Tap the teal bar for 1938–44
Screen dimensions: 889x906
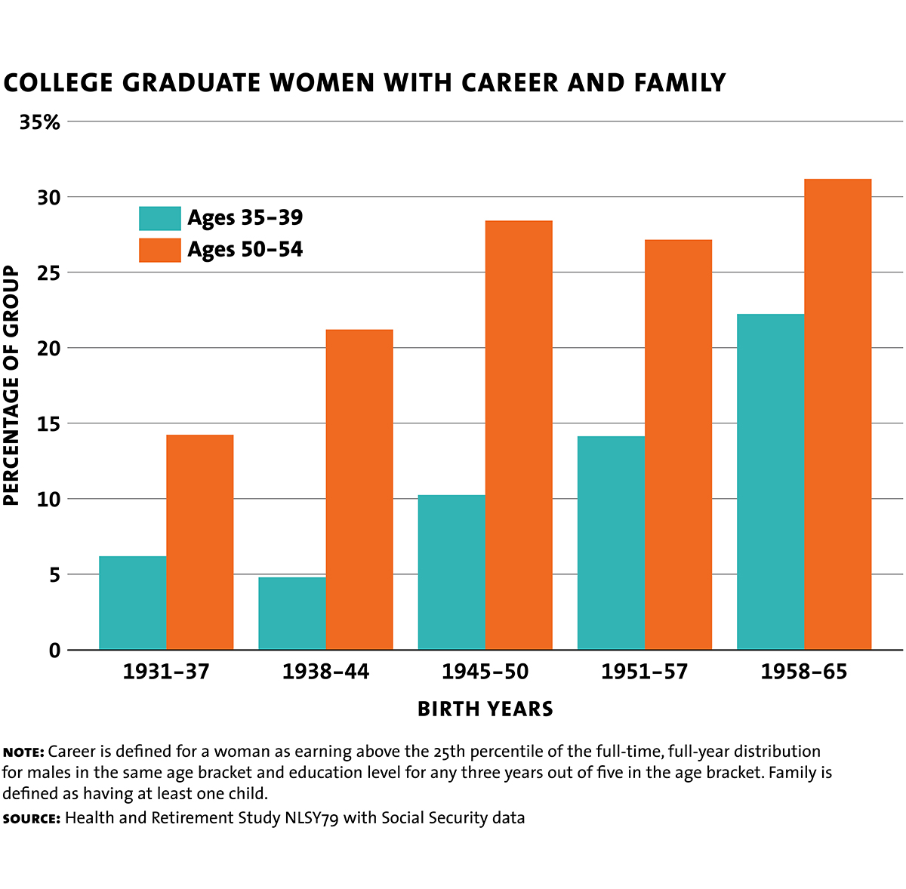click(292, 613)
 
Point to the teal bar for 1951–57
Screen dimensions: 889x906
click(611, 543)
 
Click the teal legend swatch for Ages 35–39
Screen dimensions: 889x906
click(160, 218)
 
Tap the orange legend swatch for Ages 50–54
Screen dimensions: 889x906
click(160, 250)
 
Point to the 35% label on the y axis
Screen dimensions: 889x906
click(39, 122)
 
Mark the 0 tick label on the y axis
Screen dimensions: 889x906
click(54, 650)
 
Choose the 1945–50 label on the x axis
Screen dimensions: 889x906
click(485, 671)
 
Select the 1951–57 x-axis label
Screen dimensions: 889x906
click(644, 671)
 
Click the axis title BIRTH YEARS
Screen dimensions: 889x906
click(485, 709)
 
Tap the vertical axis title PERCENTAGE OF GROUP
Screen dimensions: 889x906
click(11, 386)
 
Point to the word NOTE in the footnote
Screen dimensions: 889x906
click(23, 752)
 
